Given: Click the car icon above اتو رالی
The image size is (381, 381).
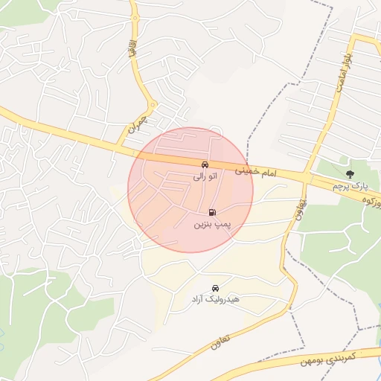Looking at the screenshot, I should [205, 164].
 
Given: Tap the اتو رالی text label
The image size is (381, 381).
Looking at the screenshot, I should [204, 176].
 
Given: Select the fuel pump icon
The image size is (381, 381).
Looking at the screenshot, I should [214, 212].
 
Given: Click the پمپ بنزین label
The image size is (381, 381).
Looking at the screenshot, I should [214, 224].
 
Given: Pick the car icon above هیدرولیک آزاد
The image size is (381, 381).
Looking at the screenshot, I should [215, 287].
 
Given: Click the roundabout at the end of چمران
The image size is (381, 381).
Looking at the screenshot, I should [151, 104].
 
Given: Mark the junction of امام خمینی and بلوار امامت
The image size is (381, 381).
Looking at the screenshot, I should [307, 177].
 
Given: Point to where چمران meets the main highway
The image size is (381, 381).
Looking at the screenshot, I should [121, 144].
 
